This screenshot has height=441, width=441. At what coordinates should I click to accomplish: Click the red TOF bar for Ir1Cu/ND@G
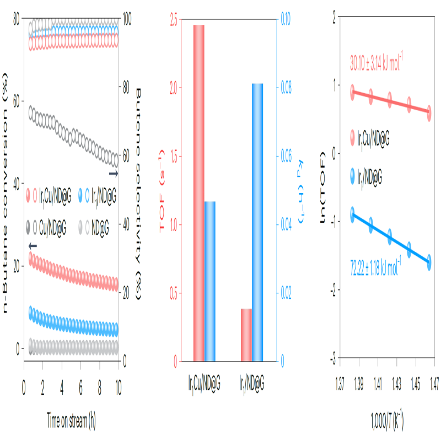[x=198, y=193]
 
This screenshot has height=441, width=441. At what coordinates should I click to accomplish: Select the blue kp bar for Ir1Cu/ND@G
[x=209, y=281]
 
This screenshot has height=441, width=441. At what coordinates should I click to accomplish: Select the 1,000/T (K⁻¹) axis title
[x=387, y=424]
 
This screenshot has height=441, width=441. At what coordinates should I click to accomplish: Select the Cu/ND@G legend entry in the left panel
[x=53, y=226]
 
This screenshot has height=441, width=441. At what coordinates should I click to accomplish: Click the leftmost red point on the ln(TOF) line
[x=352, y=92]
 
